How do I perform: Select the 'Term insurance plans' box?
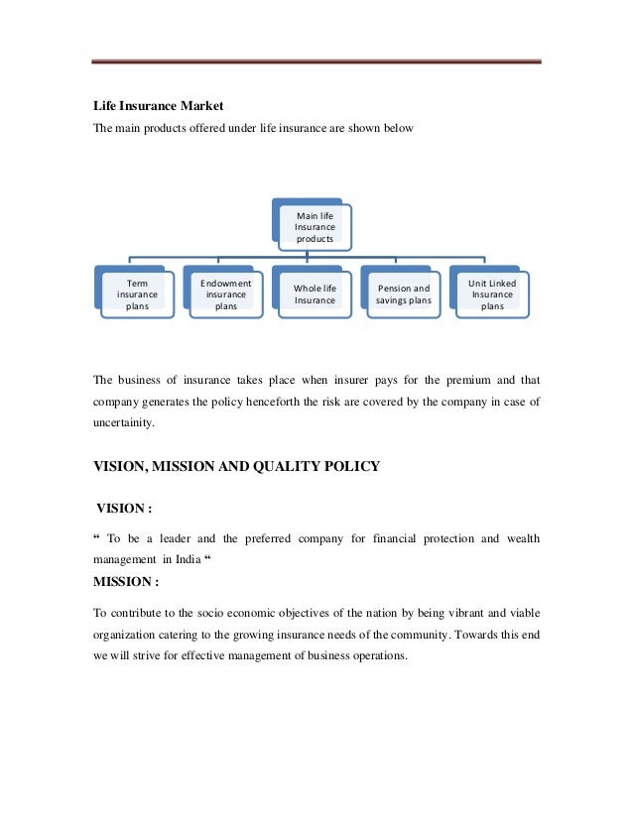pyautogui.click(x=137, y=294)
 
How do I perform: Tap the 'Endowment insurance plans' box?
pyautogui.click(x=225, y=294)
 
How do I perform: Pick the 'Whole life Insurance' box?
pyautogui.click(x=315, y=294)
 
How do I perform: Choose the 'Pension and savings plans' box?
pyautogui.click(x=403, y=294)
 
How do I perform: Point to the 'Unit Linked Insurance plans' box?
pyautogui.click(x=492, y=294)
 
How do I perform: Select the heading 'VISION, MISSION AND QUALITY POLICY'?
pyautogui.click(x=236, y=467)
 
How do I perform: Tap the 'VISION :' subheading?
pyautogui.click(x=123, y=509)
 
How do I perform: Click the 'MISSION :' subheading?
pyautogui.click(x=126, y=582)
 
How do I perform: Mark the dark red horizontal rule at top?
pyautogui.click(x=316, y=61)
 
